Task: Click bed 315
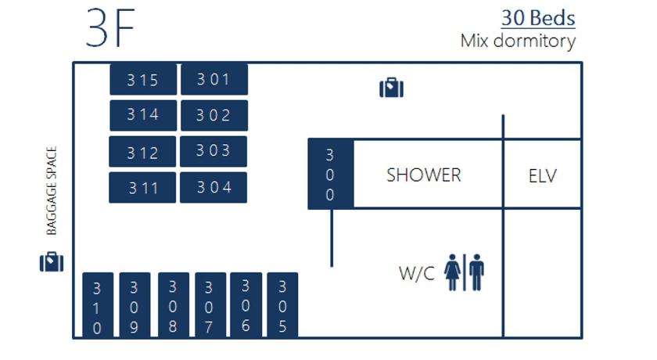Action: [x=143, y=79]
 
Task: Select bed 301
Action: [x=214, y=79]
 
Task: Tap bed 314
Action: [x=143, y=115]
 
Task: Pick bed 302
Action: [x=214, y=115]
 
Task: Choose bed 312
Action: [x=142, y=151]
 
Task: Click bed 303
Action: [x=214, y=151]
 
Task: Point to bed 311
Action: [x=142, y=187]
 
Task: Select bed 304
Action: [x=214, y=187]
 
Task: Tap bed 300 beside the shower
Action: [x=331, y=174]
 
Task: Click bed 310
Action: [x=98, y=304]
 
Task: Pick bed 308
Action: [x=174, y=304]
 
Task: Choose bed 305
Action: [x=282, y=304]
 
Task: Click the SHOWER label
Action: [x=424, y=175]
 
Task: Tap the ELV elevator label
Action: [x=543, y=175]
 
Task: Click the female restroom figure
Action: [x=453, y=272]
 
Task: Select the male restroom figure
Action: [x=477, y=272]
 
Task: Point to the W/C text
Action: [x=417, y=273]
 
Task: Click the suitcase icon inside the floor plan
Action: [x=391, y=88]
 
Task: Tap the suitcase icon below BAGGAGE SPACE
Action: [x=52, y=262]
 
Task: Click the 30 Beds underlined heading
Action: [x=538, y=18]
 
